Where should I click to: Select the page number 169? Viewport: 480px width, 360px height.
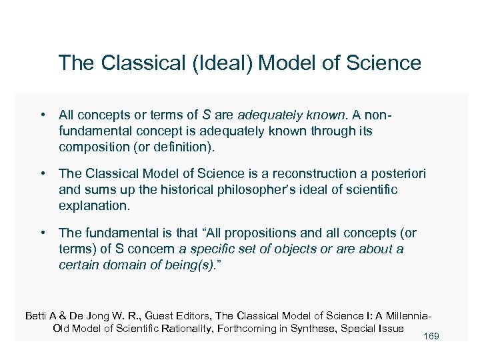[431, 336]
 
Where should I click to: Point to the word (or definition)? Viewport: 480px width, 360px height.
[184, 147]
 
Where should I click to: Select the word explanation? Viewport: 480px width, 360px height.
[93, 206]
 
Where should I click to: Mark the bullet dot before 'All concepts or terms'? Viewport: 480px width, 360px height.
[42, 115]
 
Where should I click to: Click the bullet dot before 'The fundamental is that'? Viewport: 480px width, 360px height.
[42, 233]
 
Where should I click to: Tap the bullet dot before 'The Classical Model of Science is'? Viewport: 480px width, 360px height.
[42, 174]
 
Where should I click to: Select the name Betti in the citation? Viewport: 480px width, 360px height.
[37, 315]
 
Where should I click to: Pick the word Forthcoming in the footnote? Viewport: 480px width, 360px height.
[255, 328]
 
